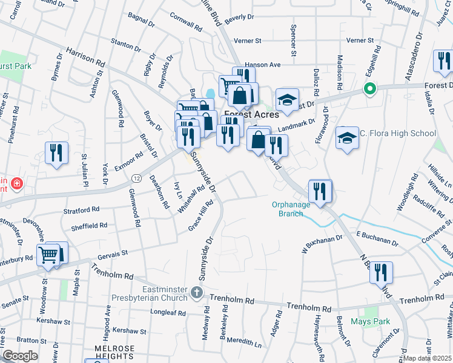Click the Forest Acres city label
[251, 114]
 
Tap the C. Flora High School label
[397, 134]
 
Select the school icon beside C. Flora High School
[347, 139]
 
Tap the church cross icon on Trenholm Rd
[196, 293]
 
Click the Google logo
[21, 356]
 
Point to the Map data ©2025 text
[427, 358]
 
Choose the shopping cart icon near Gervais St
[48, 255]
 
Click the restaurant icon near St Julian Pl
[57, 153]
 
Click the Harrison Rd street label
[85, 57]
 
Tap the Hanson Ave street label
[263, 64]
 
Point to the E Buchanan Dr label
[377, 238]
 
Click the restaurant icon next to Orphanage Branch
[319, 191]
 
